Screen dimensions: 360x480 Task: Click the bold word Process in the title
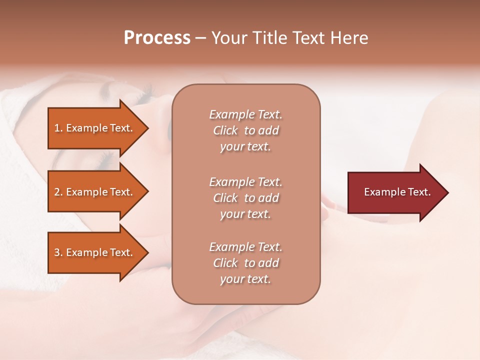pos(157,38)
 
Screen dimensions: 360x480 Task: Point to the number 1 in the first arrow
pos(57,128)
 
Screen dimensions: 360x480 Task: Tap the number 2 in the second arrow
pos(57,192)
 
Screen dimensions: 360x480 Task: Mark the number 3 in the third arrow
pos(57,252)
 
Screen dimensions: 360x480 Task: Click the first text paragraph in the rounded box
pos(245,130)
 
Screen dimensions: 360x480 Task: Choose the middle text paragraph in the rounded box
pos(245,198)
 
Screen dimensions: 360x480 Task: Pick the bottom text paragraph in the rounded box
pos(245,263)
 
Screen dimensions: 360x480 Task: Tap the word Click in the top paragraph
pos(225,130)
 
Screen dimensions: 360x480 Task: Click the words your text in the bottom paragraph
pos(245,279)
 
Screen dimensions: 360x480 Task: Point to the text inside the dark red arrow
pos(397,192)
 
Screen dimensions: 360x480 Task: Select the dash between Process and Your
pos(200,38)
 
